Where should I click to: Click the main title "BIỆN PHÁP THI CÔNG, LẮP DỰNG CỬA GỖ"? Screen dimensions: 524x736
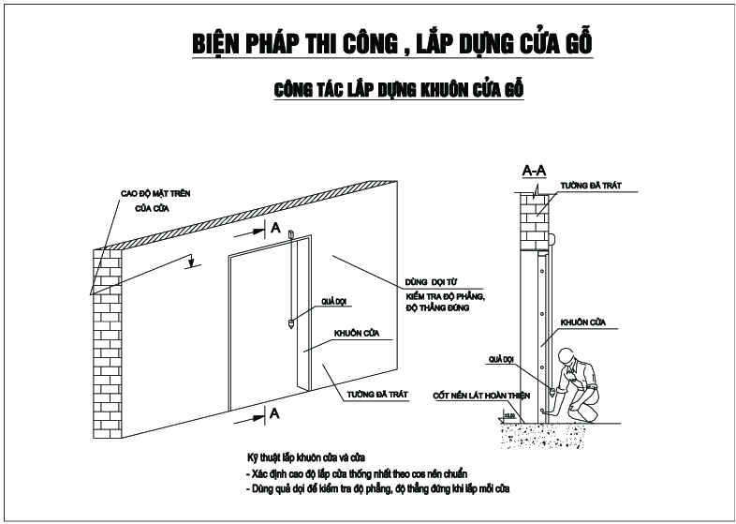(391, 44)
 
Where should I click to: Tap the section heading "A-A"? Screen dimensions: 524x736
(535, 171)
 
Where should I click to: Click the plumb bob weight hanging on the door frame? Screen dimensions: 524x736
(291, 324)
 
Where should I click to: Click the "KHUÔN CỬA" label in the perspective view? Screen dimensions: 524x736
(355, 333)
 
